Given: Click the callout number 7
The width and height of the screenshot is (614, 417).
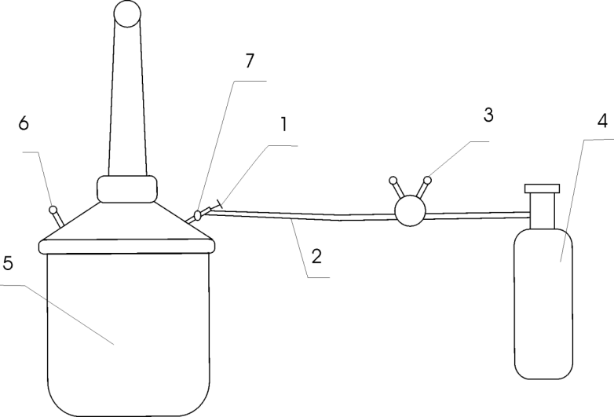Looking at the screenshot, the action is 250,60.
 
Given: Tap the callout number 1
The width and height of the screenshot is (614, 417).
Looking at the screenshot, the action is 284,125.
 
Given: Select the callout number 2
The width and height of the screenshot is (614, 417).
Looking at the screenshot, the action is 316,257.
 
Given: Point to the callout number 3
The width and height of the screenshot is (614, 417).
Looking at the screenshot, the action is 488,115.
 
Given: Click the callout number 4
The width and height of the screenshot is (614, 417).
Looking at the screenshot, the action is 603,121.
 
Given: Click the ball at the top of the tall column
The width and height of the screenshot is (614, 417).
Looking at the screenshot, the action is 127,13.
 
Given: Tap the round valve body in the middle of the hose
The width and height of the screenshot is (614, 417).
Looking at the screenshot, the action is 410,210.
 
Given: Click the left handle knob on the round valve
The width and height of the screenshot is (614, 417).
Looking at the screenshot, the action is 393,181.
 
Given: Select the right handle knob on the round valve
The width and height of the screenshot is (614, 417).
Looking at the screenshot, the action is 427,180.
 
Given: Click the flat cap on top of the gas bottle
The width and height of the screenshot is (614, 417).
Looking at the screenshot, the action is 543,188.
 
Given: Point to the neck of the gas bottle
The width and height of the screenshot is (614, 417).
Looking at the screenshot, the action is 543,211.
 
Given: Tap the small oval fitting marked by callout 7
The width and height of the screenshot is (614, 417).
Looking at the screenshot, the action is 198,215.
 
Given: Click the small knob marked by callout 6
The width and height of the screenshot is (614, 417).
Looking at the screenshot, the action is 53,210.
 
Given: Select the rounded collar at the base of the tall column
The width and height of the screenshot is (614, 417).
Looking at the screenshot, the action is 127,189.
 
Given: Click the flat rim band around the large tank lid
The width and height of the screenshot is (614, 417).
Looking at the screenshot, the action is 127,247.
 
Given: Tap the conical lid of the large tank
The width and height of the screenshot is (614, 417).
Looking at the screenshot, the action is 127,221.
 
